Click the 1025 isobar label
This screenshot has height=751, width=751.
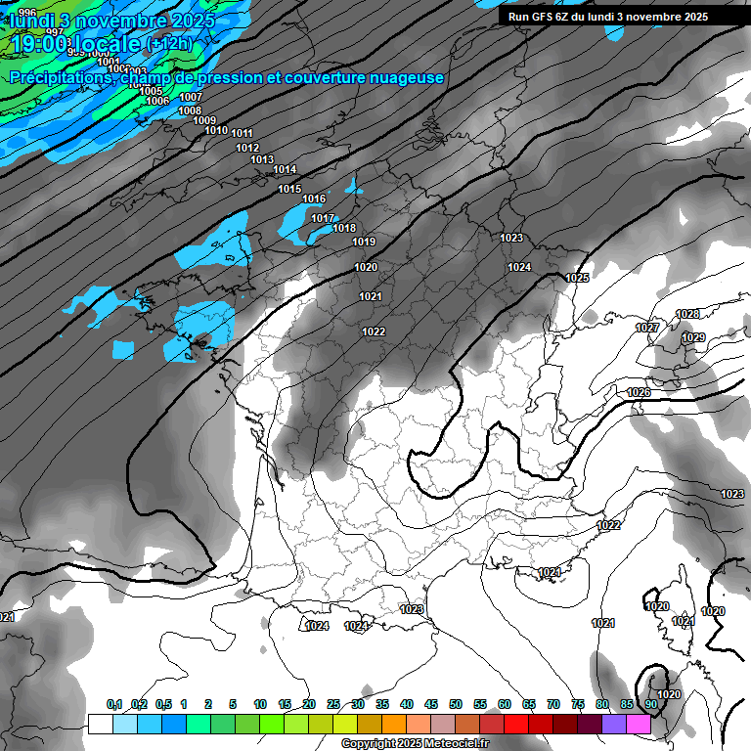[x=577, y=279]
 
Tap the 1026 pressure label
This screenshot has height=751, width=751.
[x=639, y=392]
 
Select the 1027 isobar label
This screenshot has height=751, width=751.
[x=646, y=328]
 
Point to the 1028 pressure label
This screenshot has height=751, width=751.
[x=687, y=314]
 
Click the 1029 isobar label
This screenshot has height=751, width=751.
[x=693, y=337]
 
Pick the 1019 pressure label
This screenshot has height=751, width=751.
[x=364, y=242]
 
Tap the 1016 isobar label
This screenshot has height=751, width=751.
[x=314, y=199]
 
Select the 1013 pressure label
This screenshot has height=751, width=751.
[x=262, y=159]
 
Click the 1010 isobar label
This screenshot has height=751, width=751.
[x=216, y=130]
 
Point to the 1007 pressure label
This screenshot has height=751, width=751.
[x=191, y=97]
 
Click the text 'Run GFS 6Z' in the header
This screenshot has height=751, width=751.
[x=540, y=17]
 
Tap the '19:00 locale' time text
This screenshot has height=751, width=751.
[x=75, y=45]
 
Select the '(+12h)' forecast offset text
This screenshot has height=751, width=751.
[x=170, y=44]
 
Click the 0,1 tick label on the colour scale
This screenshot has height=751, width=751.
[x=113, y=704]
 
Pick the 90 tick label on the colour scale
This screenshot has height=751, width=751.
[x=650, y=704]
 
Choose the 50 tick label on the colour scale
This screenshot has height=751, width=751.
[x=456, y=704]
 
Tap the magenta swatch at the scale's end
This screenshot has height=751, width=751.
[x=639, y=724]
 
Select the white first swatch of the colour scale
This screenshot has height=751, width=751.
[x=100, y=724]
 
